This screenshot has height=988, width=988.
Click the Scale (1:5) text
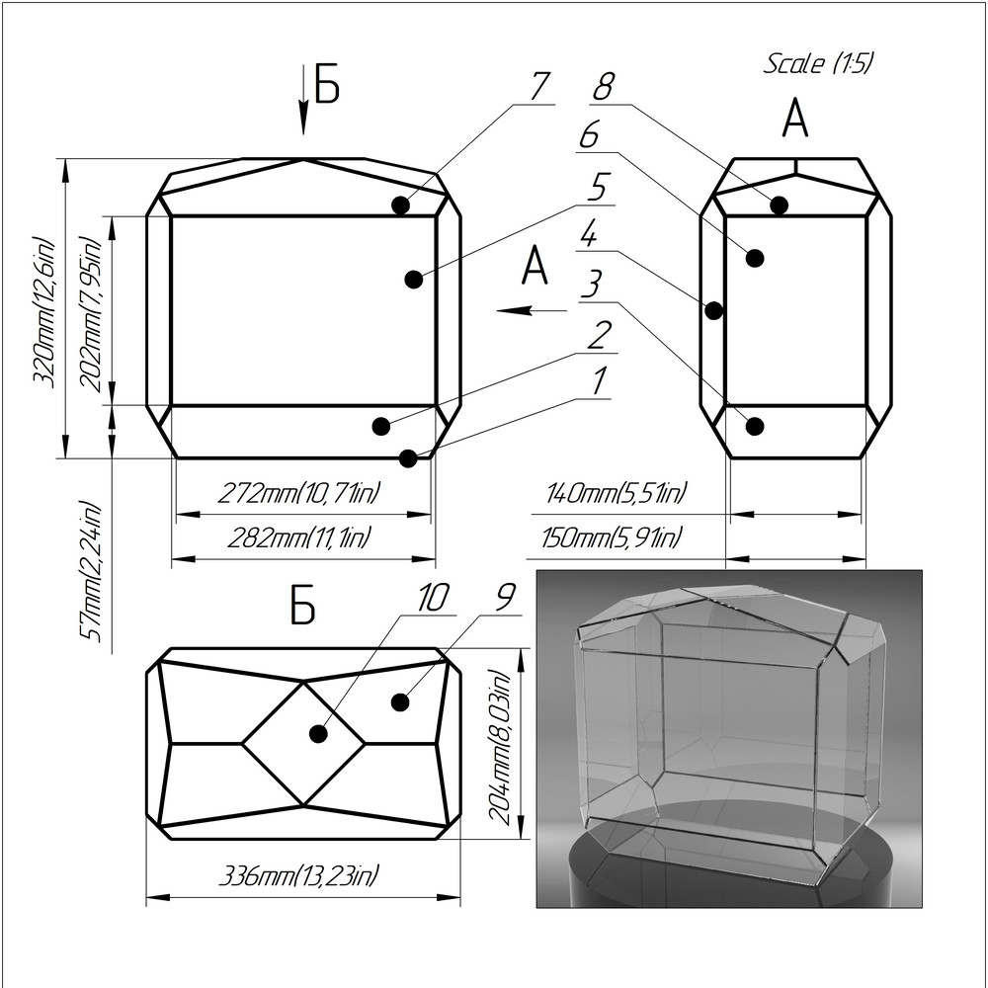pyautogui.click(x=819, y=64)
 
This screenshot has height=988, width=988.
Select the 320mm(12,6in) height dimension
pyautogui.click(x=44, y=310)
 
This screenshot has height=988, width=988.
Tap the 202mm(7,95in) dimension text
pyautogui.click(x=94, y=313)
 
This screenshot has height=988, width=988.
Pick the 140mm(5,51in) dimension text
pyautogui.click(x=617, y=492)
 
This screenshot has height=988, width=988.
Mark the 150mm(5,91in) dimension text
pyautogui.click(x=612, y=538)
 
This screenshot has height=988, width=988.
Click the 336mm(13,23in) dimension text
pyautogui.click(x=299, y=875)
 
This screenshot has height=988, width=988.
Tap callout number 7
pyautogui.click(x=538, y=86)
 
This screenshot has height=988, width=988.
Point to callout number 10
pyautogui.click(x=433, y=598)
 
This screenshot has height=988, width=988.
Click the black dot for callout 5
pyautogui.click(x=414, y=280)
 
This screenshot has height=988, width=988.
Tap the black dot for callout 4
pyautogui.click(x=714, y=310)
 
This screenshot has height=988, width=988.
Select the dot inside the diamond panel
pyautogui.click(x=318, y=734)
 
